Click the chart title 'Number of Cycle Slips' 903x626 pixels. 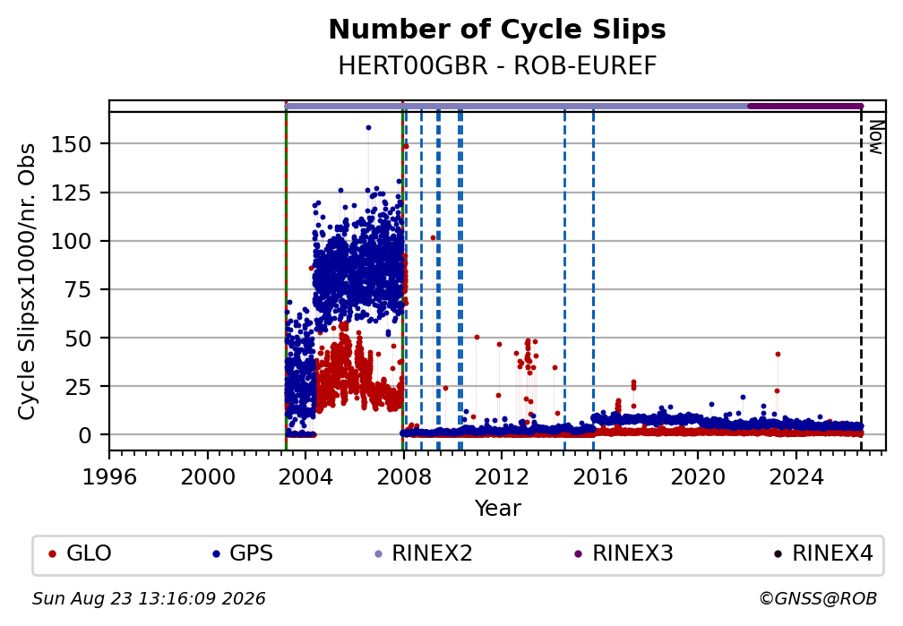(x=497, y=30)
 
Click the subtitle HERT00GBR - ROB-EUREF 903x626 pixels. (x=497, y=66)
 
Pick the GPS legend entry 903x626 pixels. (x=243, y=553)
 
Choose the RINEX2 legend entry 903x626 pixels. (x=423, y=553)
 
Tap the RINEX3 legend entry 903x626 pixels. (x=623, y=553)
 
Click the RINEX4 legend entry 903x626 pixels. (x=823, y=553)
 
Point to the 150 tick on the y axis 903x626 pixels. (x=72, y=144)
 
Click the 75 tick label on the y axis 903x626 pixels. (x=78, y=289)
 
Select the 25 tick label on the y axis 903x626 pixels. (x=78, y=386)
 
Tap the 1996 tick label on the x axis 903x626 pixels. (x=109, y=476)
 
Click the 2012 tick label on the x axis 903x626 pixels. (x=502, y=476)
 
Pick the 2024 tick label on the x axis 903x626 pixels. (x=795, y=476)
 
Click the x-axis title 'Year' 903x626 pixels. (x=497, y=508)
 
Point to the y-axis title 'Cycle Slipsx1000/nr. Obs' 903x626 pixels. (x=27, y=281)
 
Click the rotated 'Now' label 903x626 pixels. (x=876, y=137)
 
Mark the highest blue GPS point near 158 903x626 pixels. (x=368, y=128)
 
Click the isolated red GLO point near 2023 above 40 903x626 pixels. (x=778, y=354)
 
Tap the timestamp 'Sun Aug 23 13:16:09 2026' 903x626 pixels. (x=149, y=599)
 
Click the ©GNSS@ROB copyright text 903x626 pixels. (x=818, y=599)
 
